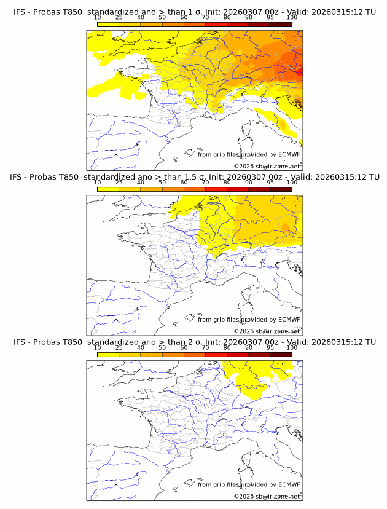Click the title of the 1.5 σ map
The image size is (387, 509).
(x=194, y=177)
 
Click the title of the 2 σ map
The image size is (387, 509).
(x=194, y=342)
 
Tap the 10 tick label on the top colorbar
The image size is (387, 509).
(x=98, y=18)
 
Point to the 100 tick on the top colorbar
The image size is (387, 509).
(x=292, y=18)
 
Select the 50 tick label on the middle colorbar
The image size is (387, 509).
(x=162, y=183)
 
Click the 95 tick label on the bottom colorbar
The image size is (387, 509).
(x=270, y=347)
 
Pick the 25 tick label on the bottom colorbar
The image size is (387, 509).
(x=119, y=347)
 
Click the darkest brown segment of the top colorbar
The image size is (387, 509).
(x=281, y=24)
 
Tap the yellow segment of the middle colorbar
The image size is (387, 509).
(x=108, y=189)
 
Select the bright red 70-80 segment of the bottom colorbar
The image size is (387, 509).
(x=216, y=354)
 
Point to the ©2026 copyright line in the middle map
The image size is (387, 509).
(x=267, y=331)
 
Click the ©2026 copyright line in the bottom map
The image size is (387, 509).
(x=267, y=496)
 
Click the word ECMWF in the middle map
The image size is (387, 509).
(x=289, y=320)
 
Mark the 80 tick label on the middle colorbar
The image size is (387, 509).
(x=227, y=183)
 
